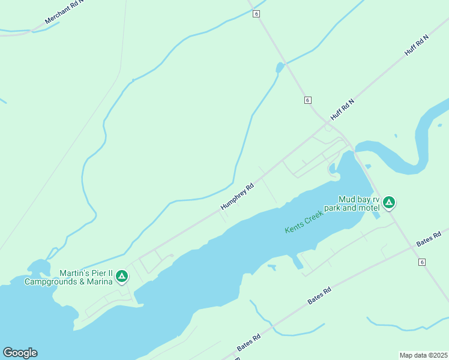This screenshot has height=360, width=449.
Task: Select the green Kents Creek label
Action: pos(304,222)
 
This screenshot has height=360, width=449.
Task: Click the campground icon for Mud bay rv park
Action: pos(389,202)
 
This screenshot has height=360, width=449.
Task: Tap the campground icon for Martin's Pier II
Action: pos(122,276)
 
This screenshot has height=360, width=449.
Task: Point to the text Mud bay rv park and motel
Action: pos(351,203)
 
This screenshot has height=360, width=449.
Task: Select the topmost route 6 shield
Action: pos(256,14)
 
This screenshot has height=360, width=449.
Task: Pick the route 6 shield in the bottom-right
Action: pos(422,262)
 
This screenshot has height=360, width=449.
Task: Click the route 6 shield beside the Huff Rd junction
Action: pos(307,100)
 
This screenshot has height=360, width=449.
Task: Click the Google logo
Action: pos(20,353)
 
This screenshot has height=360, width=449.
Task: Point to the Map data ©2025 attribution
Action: pos(423,355)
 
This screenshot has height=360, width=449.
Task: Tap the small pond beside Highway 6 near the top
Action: pos(279,68)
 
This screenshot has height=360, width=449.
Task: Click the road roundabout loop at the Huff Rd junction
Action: pos(328,127)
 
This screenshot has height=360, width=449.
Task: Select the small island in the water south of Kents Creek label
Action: pos(272,266)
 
